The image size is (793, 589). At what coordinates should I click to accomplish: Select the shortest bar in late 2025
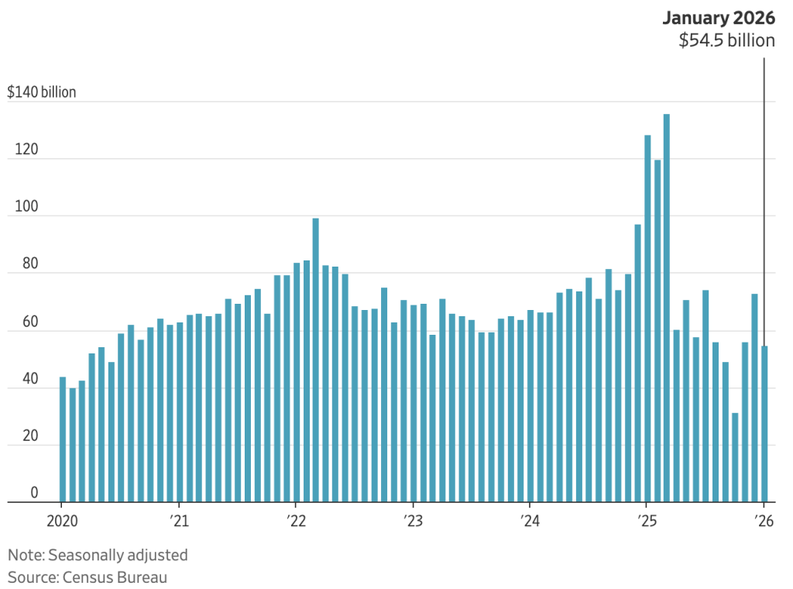(x=735, y=457)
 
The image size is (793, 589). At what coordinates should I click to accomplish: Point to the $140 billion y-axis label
(x=42, y=92)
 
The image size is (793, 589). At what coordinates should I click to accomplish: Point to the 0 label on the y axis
(x=33, y=492)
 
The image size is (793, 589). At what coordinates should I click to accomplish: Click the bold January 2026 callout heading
(x=718, y=19)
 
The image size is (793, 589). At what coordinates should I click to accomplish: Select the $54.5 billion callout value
(x=726, y=41)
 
